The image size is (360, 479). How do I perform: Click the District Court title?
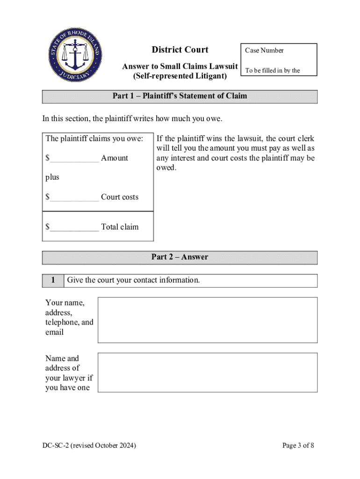[180, 50]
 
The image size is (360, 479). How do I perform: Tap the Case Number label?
[264, 51]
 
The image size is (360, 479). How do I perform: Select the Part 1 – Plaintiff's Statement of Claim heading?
[180, 96]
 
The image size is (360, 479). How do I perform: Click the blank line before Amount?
[74, 159]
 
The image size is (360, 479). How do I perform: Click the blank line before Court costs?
[74, 198]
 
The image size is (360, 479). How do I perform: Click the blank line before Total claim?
[74, 228]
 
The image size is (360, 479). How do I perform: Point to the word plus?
[52, 177]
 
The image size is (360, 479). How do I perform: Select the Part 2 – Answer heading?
[180, 257]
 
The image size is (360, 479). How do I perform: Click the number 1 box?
[53, 281]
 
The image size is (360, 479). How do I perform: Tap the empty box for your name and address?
[207, 320]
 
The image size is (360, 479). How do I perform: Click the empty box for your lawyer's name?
[207, 372]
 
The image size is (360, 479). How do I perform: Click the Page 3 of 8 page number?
[298, 446]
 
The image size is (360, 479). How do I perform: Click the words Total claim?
[120, 227]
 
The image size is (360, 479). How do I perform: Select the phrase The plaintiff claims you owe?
[98, 138]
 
